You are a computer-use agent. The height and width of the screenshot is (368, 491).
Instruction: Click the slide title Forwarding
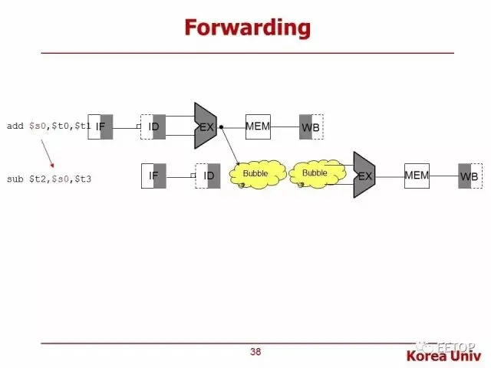247,28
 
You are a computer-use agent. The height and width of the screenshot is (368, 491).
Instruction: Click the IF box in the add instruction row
101,127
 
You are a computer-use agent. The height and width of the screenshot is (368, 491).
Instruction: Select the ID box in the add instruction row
153,127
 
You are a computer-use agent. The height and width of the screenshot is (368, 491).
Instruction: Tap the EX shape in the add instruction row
206,127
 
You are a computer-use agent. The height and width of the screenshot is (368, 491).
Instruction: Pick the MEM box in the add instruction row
258,127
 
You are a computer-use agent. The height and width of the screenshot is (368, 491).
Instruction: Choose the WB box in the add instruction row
311,127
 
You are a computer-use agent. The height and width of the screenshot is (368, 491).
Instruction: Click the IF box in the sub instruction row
154,176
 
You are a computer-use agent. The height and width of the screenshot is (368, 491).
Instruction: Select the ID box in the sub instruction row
208,176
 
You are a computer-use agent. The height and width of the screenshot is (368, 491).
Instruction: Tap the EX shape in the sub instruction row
364,176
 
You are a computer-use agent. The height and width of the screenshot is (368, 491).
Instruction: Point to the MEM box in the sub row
417,176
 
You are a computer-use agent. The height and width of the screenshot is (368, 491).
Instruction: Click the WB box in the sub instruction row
470,176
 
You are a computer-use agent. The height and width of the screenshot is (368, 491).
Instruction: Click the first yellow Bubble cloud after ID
257,174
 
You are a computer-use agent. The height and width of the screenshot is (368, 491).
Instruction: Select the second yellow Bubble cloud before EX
315,173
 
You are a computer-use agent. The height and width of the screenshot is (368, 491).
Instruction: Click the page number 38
255,353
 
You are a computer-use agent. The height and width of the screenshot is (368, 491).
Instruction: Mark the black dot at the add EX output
221,127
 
